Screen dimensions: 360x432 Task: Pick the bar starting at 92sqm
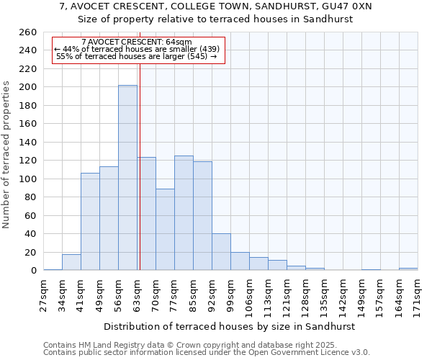[221, 252]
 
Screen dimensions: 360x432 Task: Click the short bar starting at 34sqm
[71, 263]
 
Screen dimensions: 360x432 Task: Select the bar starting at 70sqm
[165, 230]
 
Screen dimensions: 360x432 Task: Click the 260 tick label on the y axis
[28, 32]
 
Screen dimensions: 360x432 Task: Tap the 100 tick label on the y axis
[28, 179]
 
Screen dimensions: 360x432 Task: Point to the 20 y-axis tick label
[31, 253]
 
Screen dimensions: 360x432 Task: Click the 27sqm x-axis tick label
[43, 294]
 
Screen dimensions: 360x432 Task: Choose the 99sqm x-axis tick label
[230, 294]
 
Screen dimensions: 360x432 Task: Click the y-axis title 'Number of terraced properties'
[7, 155]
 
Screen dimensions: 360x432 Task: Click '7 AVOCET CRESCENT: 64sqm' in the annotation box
[137, 42]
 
